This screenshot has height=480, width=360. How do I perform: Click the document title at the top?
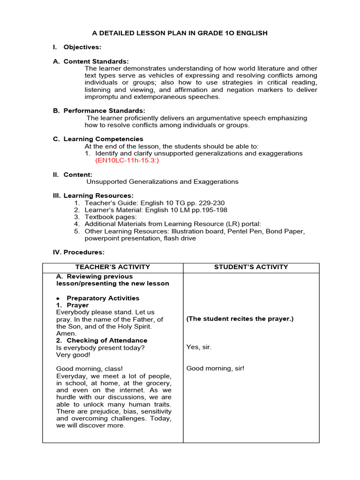pyautogui.click(x=180, y=33)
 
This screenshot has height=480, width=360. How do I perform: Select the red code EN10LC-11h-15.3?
pyautogui.click(x=127, y=160)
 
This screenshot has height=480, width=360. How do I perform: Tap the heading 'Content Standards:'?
pyautogui.click(x=96, y=61)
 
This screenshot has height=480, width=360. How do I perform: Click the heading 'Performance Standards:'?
pyautogui.click(x=104, y=111)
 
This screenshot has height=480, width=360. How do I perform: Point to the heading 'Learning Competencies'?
pyautogui.click(x=103, y=139)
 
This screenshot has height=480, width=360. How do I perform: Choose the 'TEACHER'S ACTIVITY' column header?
pyautogui.click(x=112, y=267)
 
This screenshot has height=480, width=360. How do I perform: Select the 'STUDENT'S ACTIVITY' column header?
pyautogui.click(x=251, y=267)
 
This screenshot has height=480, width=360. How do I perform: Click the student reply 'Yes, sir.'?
pyautogui.click(x=199, y=347)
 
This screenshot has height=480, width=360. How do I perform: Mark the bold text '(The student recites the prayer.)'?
pyautogui.click(x=240, y=319)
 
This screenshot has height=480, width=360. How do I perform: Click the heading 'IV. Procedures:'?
pyautogui.click(x=78, y=252)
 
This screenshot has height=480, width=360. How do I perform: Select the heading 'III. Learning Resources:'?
pyautogui.click(x=93, y=195)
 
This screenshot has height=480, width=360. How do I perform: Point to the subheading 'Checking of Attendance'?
pyautogui.click(x=106, y=340)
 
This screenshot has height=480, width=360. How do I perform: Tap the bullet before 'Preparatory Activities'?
pyautogui.click(x=58, y=299)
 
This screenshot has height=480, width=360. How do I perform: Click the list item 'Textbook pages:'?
pyautogui.click(x=111, y=217)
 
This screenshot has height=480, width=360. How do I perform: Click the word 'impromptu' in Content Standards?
pyautogui.click(x=102, y=97)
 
